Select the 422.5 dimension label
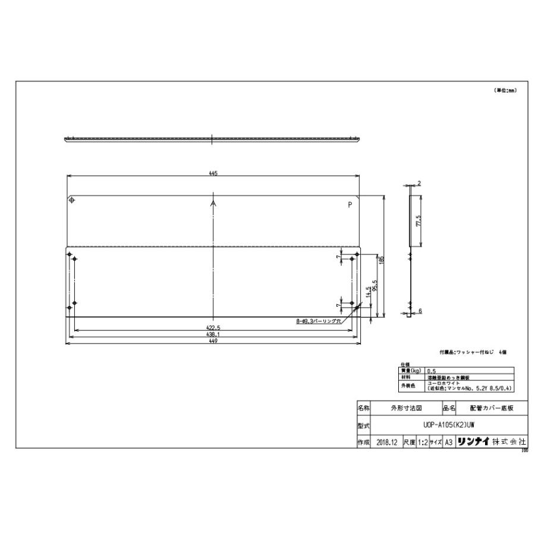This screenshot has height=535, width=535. coord(213,328)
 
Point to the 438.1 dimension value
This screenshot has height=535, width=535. coord(213,335)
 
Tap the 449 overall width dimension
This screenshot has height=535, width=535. coord(213,342)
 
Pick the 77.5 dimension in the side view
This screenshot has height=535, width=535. coord(418,221)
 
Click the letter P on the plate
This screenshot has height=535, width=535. coord(350,204)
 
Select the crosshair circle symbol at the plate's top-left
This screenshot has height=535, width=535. coord(72,200)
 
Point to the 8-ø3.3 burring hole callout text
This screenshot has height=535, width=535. coord(318,321)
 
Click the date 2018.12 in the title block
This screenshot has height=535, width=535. coord(387,442)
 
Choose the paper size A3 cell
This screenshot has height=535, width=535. coord(449,442)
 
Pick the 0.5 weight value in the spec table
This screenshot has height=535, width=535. coord(430,370)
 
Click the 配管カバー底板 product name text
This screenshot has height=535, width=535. coord(489,408)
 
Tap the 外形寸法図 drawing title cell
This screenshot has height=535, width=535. coord(407,408)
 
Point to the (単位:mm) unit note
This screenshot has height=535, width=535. coord(505,90)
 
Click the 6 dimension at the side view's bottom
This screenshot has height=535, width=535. coord(420,311)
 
